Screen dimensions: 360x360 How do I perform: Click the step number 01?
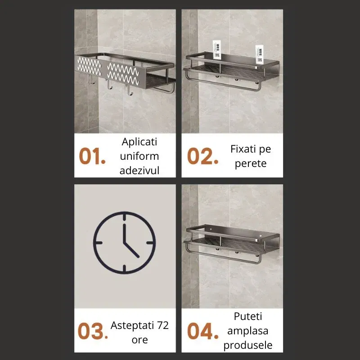[x=92, y=156]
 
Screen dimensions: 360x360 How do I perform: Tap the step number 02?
[x=202, y=156]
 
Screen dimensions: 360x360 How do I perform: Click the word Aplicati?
[x=139, y=142]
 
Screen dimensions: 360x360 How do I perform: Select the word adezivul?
[x=139, y=170]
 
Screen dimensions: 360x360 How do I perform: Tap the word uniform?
[x=139, y=156]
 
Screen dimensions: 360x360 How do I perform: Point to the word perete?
[x=250, y=163]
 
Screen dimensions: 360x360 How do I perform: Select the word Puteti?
[x=247, y=316]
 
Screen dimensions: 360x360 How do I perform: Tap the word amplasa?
[x=247, y=331]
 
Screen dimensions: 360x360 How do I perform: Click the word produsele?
[x=247, y=345]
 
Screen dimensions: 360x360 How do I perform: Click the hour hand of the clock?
[x=131, y=251]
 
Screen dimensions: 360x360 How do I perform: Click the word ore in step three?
[x=139, y=340]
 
